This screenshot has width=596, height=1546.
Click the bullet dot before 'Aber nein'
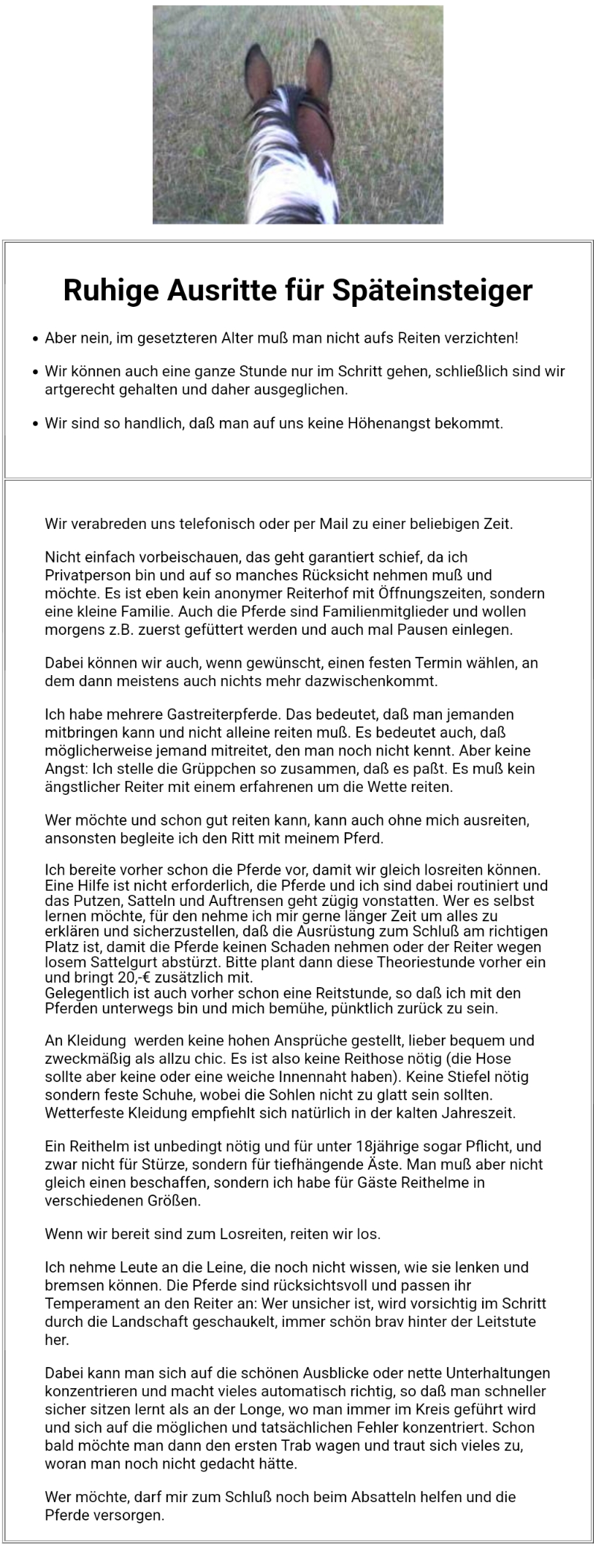(35, 339)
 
